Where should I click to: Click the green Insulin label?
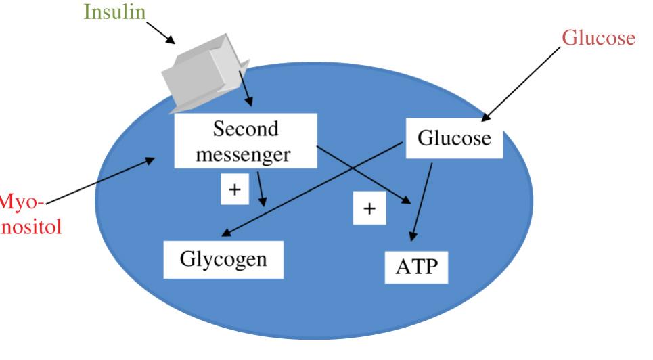pyautogui.click(x=114, y=12)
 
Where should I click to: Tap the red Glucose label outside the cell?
pyautogui.click(x=599, y=38)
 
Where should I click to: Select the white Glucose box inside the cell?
pyautogui.click(x=453, y=139)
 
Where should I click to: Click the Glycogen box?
pyautogui.click(x=223, y=259)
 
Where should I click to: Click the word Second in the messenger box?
pyautogui.click(x=245, y=128)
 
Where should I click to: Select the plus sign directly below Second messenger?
pyautogui.click(x=234, y=189)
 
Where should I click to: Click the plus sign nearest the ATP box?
pyautogui.click(x=369, y=209)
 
